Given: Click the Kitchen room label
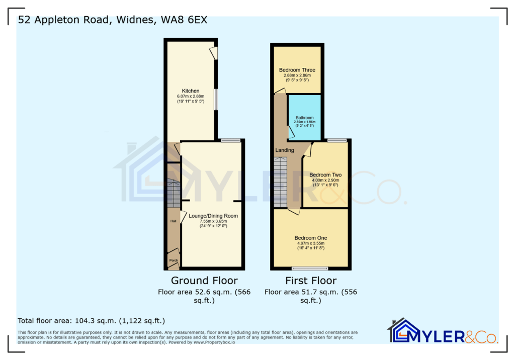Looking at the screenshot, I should (x=191, y=91).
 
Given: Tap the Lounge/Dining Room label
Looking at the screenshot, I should (x=213, y=216).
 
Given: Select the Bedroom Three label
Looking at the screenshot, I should (x=297, y=70).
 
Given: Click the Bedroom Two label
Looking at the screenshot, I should (x=325, y=175).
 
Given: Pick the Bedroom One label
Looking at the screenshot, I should (x=311, y=238).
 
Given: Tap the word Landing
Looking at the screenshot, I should (x=285, y=150).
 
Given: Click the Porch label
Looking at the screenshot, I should (x=174, y=260).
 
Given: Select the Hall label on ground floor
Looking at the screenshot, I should (x=173, y=221).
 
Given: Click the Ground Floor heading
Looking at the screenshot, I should (x=204, y=281).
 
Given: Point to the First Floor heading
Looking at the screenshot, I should (x=311, y=281).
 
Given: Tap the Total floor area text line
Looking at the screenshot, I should (x=91, y=320).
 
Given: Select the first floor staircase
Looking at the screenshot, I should (x=280, y=181).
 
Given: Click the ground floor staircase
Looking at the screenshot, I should (x=174, y=194).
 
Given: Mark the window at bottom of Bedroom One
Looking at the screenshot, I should (x=310, y=268).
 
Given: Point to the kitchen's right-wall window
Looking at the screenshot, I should (x=216, y=99).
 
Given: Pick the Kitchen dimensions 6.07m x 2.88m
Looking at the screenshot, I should (x=191, y=96).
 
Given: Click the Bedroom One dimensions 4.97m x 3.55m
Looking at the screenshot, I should (x=311, y=243).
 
